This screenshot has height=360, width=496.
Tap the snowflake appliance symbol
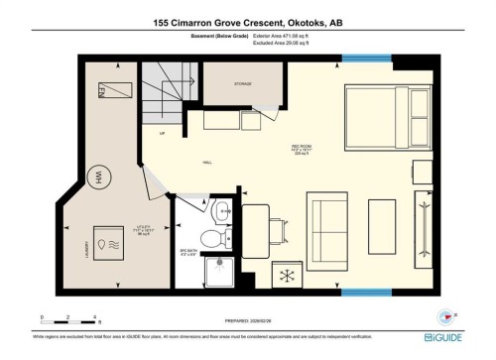click(290, 273)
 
